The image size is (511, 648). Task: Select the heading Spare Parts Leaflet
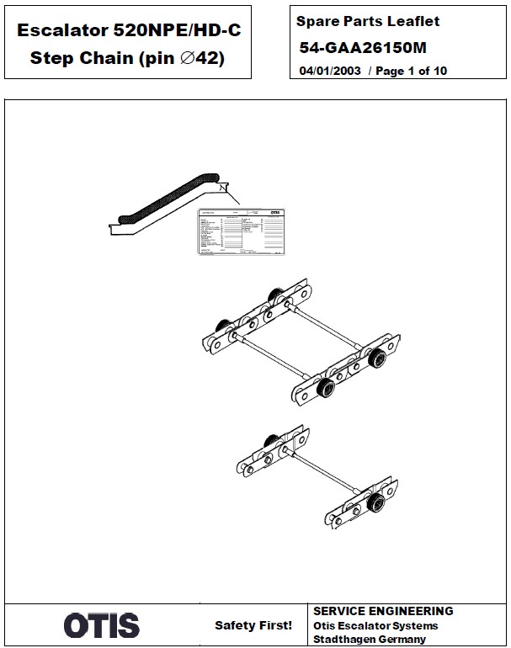[368, 21]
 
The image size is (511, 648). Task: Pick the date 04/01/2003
[330, 71]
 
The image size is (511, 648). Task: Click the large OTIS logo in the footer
[101, 624]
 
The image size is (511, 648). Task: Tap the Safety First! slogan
[253, 625]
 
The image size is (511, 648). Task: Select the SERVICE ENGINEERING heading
[383, 612]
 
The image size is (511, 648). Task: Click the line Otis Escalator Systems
[375, 626]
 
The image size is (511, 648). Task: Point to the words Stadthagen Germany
[370, 640]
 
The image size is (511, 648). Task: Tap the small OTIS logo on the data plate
[274, 214]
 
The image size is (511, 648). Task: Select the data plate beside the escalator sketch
[239, 231]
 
